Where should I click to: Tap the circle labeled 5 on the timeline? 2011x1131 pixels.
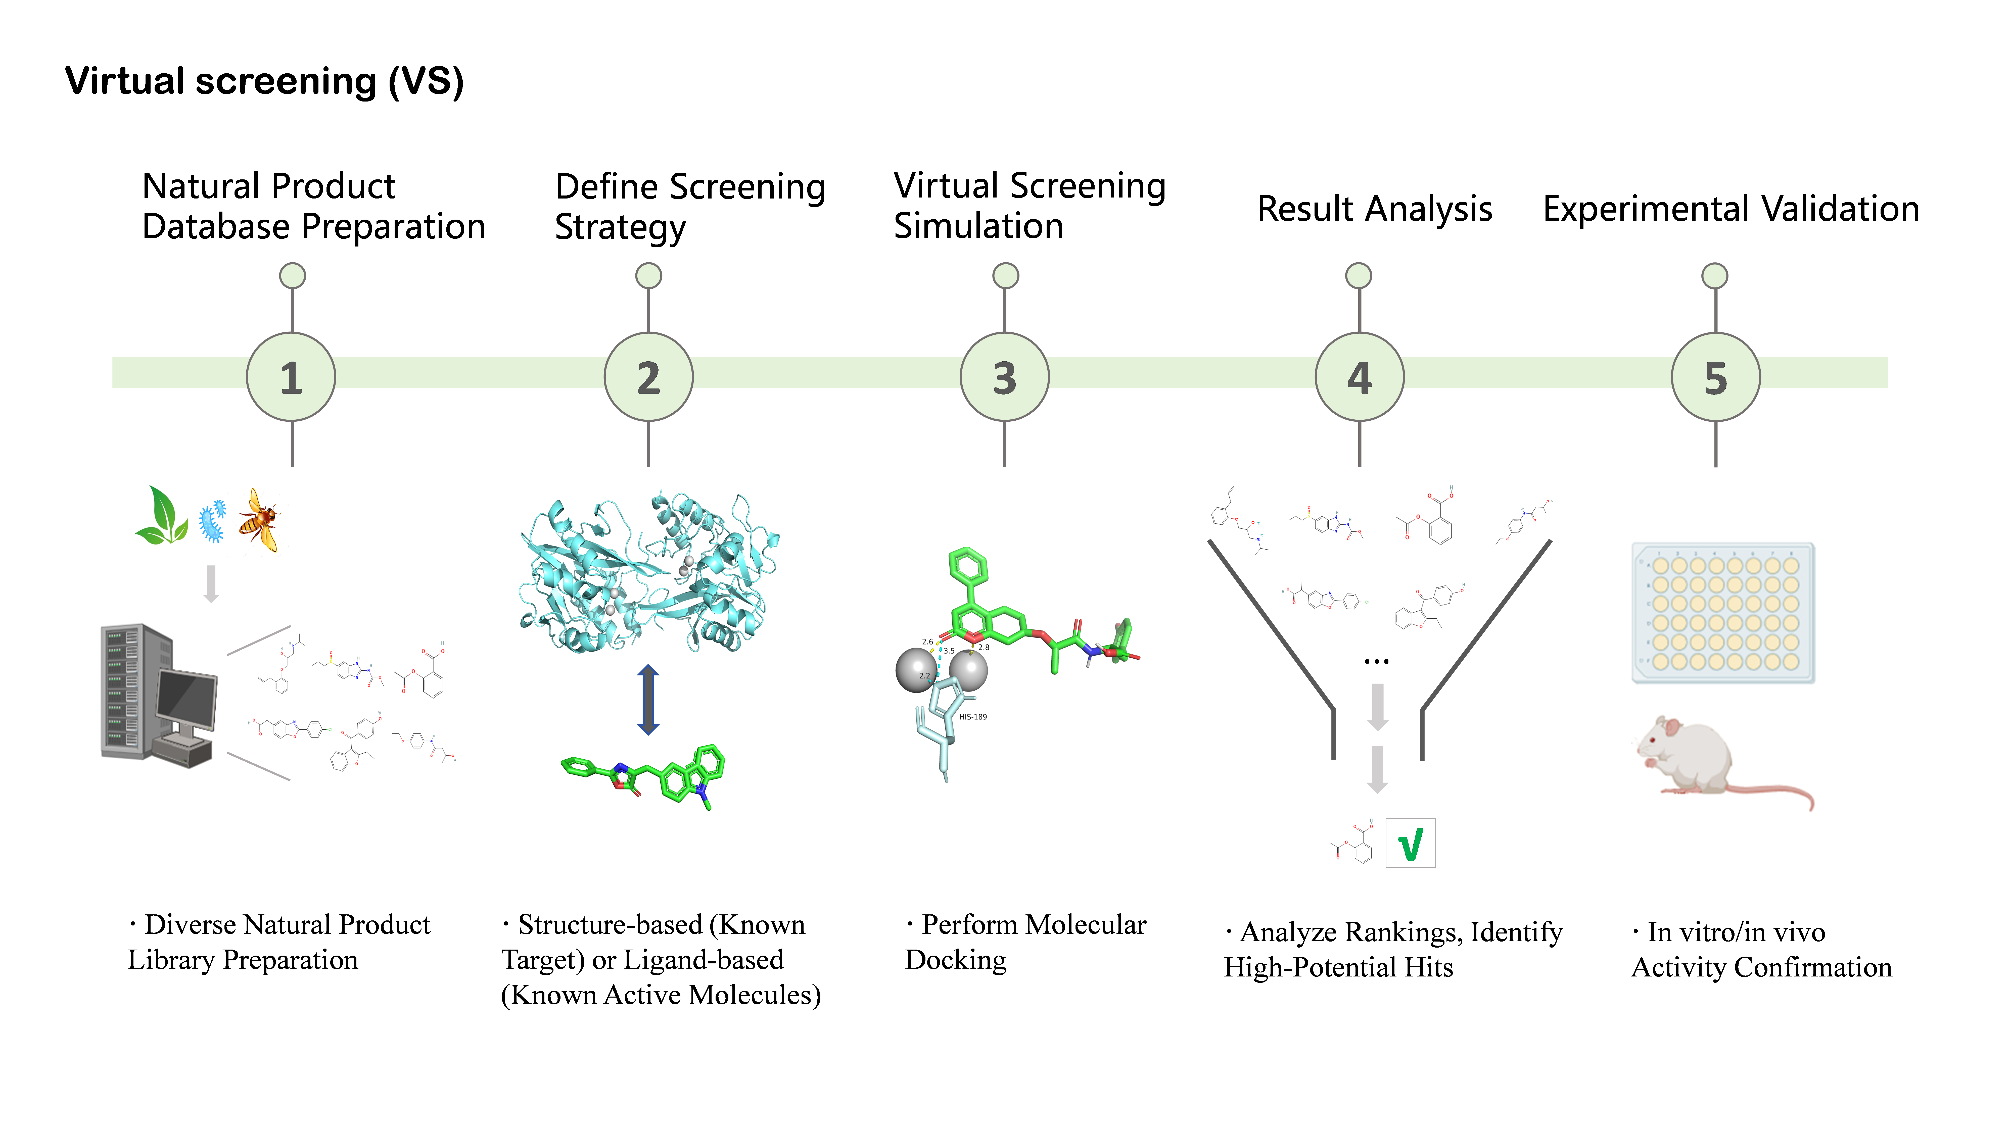coord(1715,377)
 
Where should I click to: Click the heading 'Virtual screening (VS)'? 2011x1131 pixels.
coord(264,81)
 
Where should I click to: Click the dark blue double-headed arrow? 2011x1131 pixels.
coord(648,699)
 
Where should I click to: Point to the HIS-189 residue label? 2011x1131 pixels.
coord(973,717)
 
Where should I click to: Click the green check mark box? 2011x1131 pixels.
coord(1410,843)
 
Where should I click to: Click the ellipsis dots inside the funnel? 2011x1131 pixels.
coord(1376,661)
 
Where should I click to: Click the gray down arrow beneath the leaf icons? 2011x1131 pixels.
coord(211,584)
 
